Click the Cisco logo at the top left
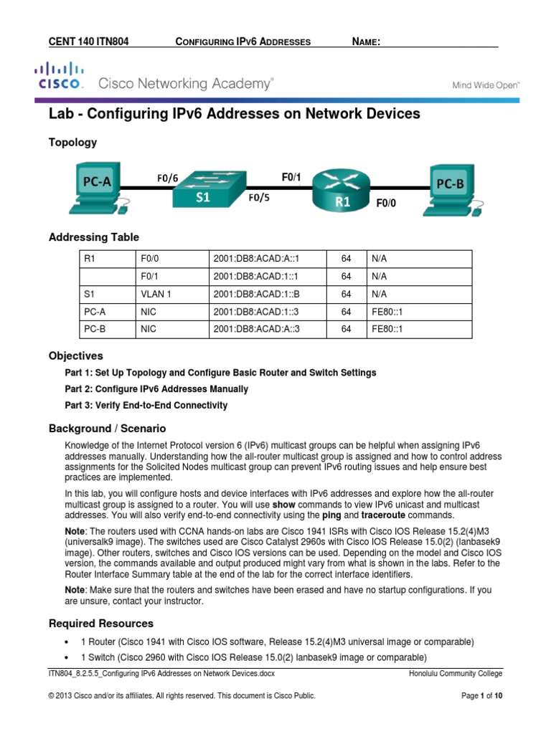click(59, 75)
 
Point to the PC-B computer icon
click(451, 190)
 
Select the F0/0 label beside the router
click(386, 203)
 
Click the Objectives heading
click(75, 356)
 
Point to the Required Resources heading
click(100, 623)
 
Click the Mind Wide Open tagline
click(484, 85)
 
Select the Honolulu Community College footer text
click(456, 674)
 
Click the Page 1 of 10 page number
click(481, 696)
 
